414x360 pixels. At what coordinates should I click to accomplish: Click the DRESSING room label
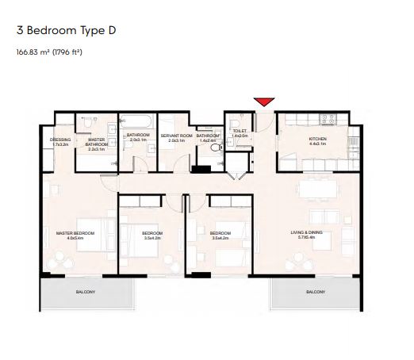coord(60,140)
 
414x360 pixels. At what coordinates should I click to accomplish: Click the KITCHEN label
coord(317,140)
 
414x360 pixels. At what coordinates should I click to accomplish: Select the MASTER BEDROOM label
coord(75,232)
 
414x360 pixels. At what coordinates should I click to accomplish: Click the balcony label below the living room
coord(315,292)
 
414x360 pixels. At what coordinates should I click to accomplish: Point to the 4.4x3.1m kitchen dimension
coord(317,144)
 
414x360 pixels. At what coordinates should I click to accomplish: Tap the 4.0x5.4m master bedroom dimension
coord(75,237)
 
